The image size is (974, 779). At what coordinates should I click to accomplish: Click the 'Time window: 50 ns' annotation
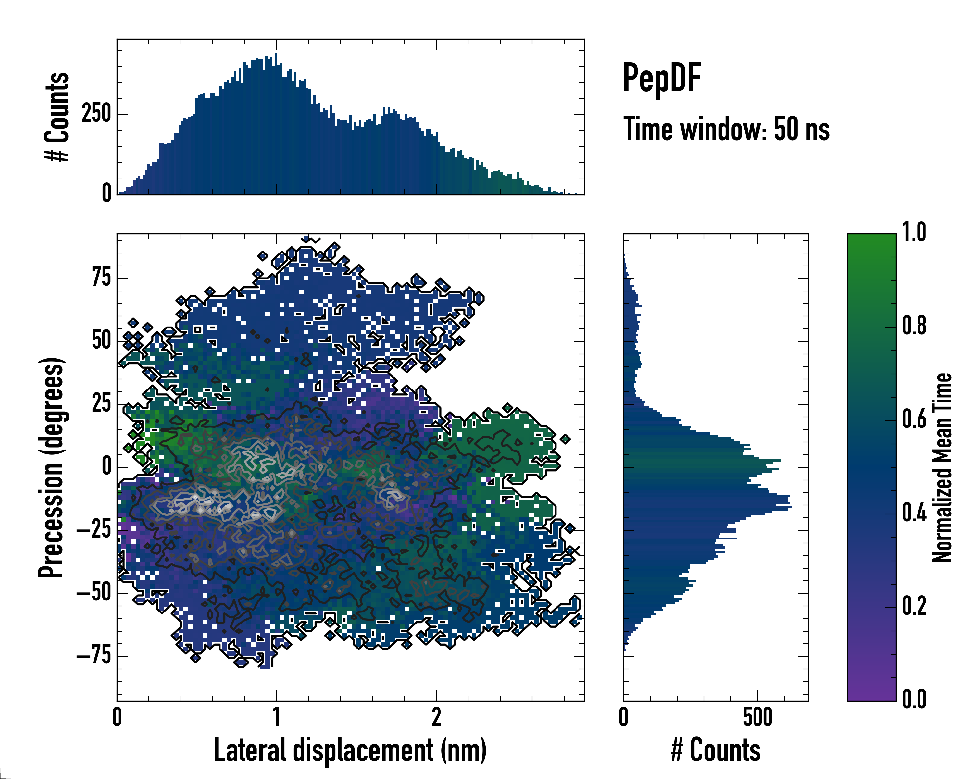[x=726, y=130]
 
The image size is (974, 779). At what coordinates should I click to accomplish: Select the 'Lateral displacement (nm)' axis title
[x=350, y=750]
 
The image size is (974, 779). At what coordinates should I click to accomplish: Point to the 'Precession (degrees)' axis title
[x=51, y=467]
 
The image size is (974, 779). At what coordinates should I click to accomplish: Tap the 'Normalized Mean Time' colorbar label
[x=942, y=467]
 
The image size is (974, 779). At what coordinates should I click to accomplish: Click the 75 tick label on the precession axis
[x=101, y=277]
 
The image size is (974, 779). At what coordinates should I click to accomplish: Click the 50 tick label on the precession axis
[x=101, y=340]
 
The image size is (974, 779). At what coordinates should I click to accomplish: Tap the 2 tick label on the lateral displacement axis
[x=436, y=718]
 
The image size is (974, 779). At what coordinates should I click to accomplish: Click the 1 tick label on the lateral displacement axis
[x=277, y=718]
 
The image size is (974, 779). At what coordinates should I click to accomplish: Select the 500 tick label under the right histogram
[x=757, y=718]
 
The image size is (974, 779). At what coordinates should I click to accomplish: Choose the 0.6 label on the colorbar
[x=914, y=419]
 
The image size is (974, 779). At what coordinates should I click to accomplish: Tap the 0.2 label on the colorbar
[x=914, y=606]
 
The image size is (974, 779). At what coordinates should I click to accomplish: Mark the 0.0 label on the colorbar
[x=914, y=699]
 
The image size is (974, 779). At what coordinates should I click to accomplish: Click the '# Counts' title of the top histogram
[x=57, y=117]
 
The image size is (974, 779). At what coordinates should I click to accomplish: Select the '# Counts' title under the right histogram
[x=716, y=750]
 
